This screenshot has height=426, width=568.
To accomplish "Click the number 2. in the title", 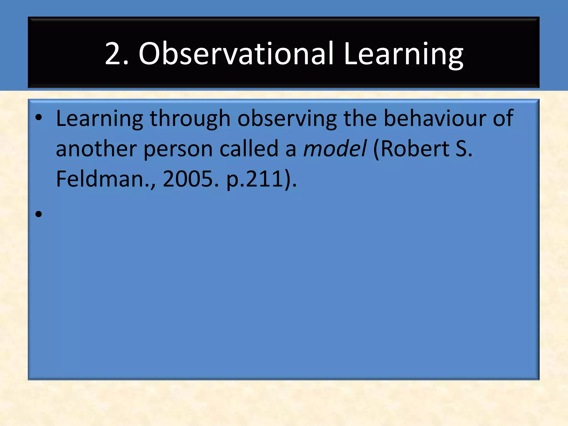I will point(116,54).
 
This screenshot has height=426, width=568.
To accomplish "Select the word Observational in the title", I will point(236,54).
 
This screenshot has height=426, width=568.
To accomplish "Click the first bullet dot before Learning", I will point(39,118).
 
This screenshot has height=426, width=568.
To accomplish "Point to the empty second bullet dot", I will point(39,214).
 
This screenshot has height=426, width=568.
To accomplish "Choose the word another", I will point(96,149).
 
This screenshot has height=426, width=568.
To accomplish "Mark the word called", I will point(249,149).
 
